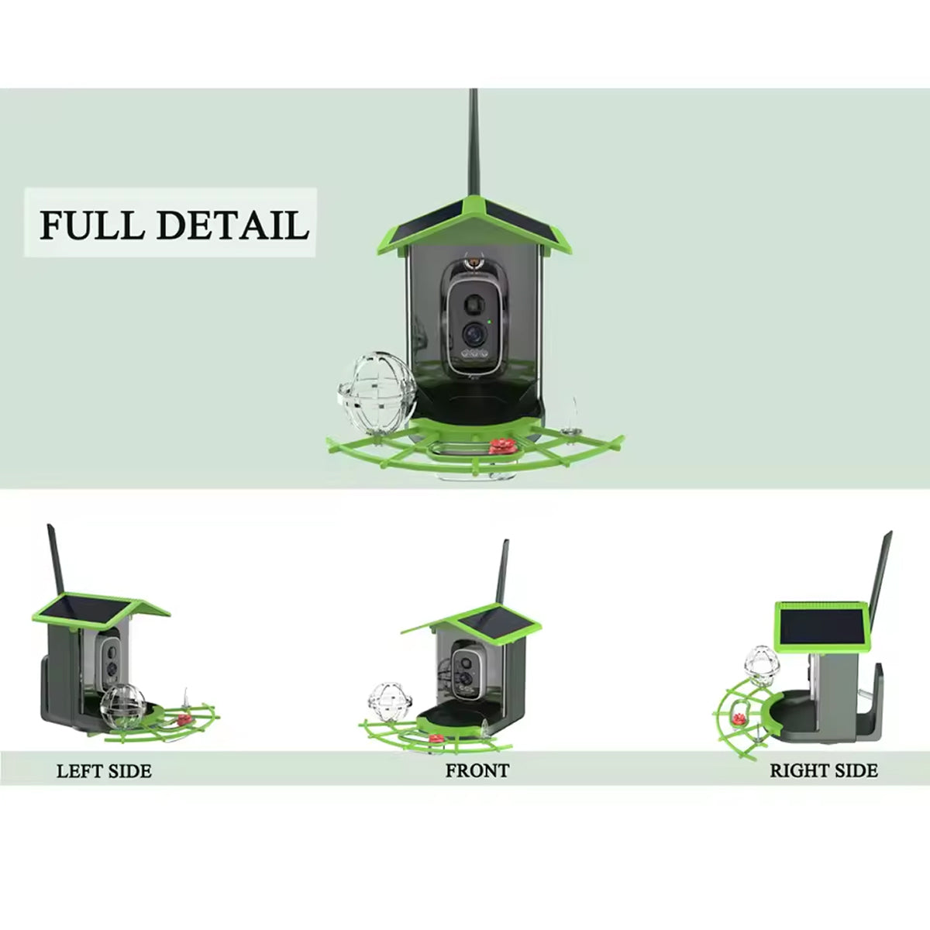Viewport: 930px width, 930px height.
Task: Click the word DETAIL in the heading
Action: (232, 224)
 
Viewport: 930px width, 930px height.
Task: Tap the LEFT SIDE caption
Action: (104, 771)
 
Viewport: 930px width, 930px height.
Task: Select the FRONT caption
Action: (477, 771)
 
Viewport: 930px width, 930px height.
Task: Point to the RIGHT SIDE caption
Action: (823, 771)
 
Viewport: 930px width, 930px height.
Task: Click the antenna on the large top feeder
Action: (474, 147)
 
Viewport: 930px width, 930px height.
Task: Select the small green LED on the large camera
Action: (490, 321)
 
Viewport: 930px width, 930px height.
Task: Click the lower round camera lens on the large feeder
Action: (472, 333)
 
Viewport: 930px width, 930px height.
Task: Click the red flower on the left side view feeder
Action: (183, 718)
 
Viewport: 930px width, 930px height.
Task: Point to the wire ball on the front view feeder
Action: (385, 700)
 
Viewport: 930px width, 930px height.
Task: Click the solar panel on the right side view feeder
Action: (821, 626)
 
